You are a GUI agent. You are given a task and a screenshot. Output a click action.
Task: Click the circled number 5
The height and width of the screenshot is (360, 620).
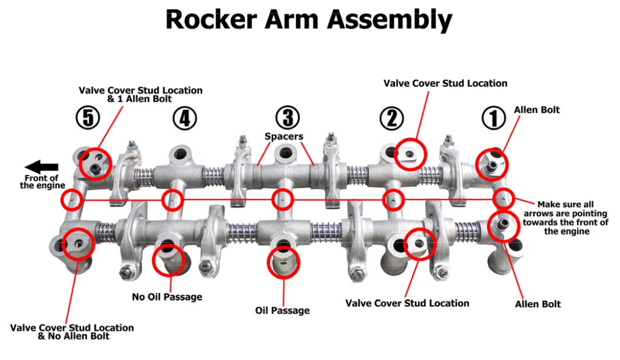[x=87, y=118]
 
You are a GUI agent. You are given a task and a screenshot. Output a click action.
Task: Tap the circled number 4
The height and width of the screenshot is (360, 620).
[x=184, y=118]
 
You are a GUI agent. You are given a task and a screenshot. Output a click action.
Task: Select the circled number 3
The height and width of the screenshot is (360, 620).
[x=287, y=118]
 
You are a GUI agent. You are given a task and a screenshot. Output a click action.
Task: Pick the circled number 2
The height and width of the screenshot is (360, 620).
[x=392, y=118]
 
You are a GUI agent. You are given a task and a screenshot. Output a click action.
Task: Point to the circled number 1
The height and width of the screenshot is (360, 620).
[x=493, y=118]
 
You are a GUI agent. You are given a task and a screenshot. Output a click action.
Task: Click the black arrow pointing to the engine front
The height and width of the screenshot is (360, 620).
[x=42, y=167]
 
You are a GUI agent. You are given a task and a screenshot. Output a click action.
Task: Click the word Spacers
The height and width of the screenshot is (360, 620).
[x=283, y=136]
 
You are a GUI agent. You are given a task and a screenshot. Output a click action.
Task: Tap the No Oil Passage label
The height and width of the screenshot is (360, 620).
[x=167, y=297]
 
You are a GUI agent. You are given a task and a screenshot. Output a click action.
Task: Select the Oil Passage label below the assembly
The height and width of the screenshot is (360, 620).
[x=282, y=310]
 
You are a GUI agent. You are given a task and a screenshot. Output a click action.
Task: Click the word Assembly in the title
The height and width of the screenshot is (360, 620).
[x=389, y=21]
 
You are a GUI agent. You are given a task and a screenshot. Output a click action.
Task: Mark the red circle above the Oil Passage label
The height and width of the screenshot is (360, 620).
[x=283, y=262]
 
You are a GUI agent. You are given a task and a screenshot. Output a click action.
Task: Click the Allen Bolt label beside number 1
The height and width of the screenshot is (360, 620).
[x=537, y=110]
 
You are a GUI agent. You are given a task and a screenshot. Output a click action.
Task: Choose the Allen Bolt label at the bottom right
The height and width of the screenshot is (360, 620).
[x=538, y=304]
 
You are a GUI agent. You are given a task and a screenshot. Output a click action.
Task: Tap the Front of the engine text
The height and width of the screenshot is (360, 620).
[x=42, y=182]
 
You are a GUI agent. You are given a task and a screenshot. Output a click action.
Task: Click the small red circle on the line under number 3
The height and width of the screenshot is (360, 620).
[x=283, y=199]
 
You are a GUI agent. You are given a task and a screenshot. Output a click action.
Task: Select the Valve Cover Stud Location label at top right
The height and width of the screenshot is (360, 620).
[x=445, y=83]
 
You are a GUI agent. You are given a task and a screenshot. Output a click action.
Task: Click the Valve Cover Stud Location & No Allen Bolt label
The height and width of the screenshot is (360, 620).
[x=72, y=332]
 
